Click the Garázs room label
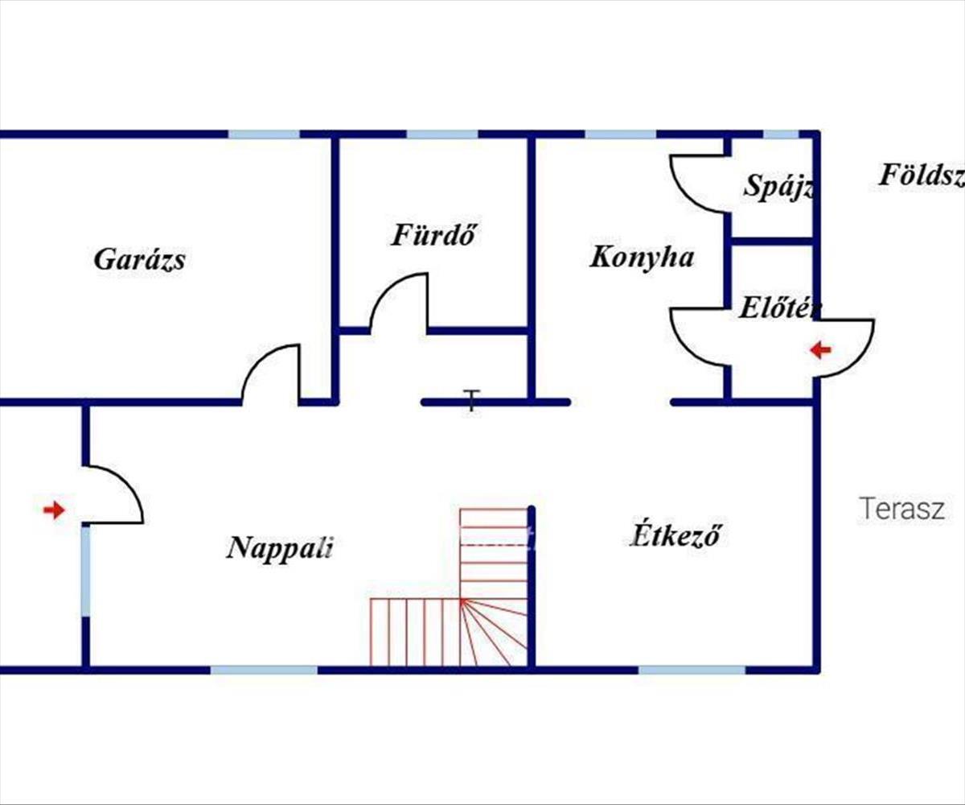[x=140, y=260]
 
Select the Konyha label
[x=642, y=258]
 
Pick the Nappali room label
[x=280, y=548]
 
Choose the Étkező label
[x=675, y=535]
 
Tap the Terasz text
[x=901, y=509]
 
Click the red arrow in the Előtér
[x=819, y=350]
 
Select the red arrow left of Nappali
[x=54, y=510]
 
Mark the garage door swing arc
[x=270, y=372]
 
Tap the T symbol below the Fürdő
[x=472, y=399]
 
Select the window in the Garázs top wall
[x=264, y=134]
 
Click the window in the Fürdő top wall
[x=441, y=134]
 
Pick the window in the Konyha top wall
[x=620, y=134]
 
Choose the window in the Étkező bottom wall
[x=692, y=670]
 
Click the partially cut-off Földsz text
[x=921, y=175]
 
